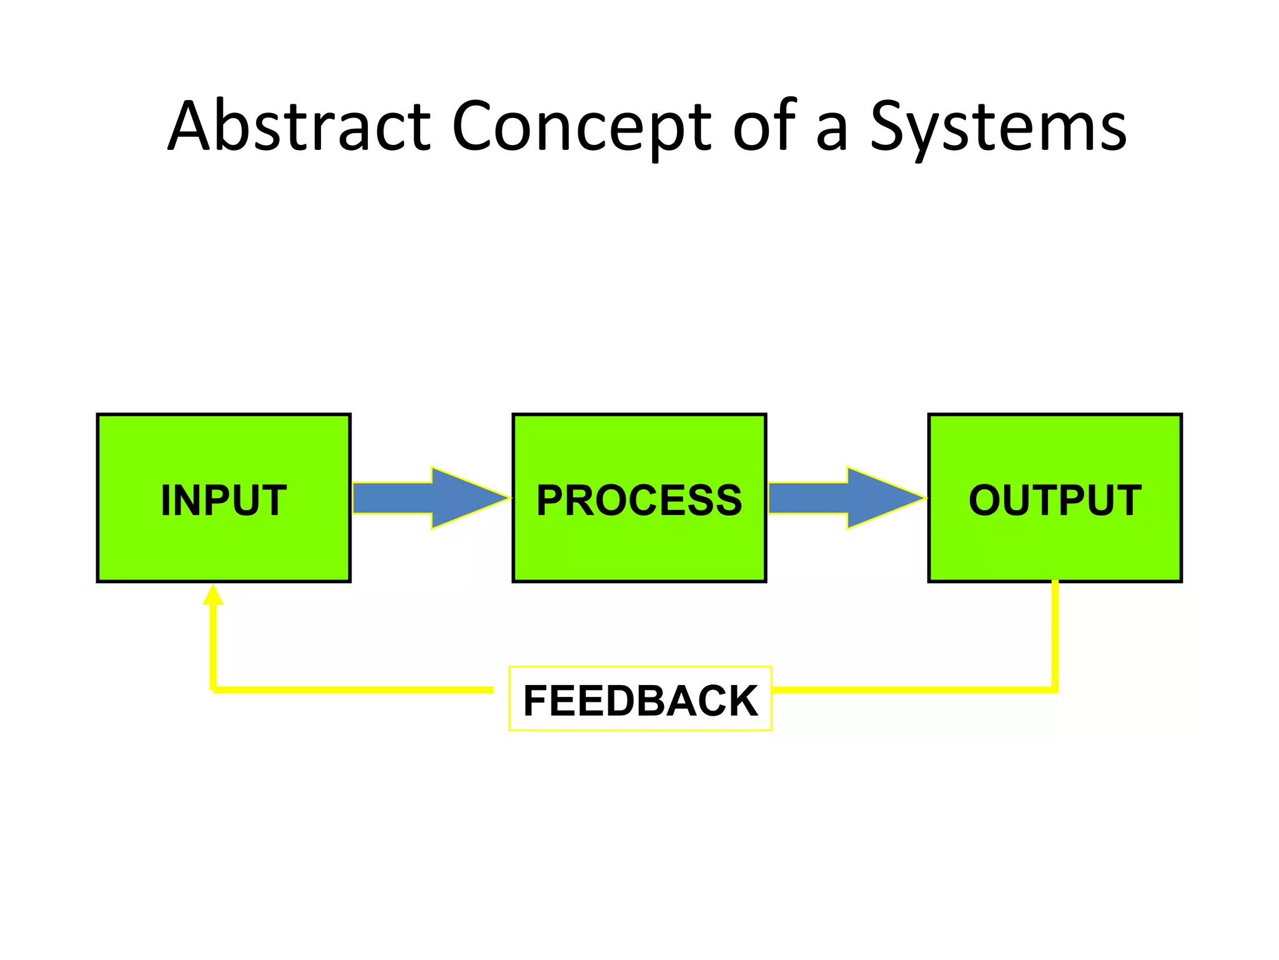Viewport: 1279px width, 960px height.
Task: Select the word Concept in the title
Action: (x=581, y=126)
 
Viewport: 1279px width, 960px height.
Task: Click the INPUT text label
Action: (x=224, y=500)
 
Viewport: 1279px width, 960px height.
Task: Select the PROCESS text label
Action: (x=639, y=500)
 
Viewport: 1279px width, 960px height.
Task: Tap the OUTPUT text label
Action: (x=1055, y=500)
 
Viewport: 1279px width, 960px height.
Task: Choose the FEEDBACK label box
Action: (x=640, y=699)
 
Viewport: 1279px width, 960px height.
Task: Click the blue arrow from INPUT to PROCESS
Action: (x=425, y=498)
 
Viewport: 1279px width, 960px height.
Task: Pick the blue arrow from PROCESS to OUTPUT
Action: (x=841, y=498)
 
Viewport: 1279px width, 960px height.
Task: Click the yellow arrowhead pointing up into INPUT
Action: (x=213, y=596)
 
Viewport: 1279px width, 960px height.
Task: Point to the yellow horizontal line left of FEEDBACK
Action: (x=353, y=689)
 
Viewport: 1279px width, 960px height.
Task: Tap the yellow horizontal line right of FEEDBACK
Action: (x=912, y=689)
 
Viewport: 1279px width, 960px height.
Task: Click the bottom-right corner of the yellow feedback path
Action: (x=1055, y=689)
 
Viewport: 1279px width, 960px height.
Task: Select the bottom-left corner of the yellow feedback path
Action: (x=214, y=689)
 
